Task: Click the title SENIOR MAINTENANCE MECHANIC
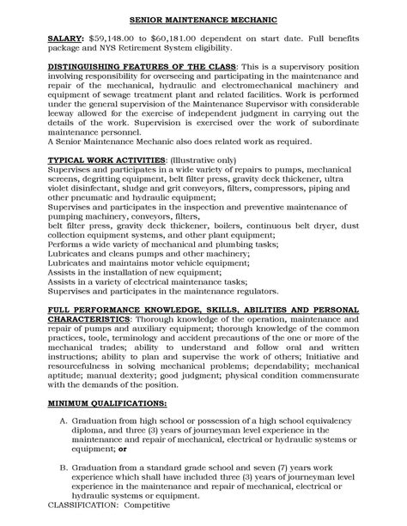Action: coord(203,16)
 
